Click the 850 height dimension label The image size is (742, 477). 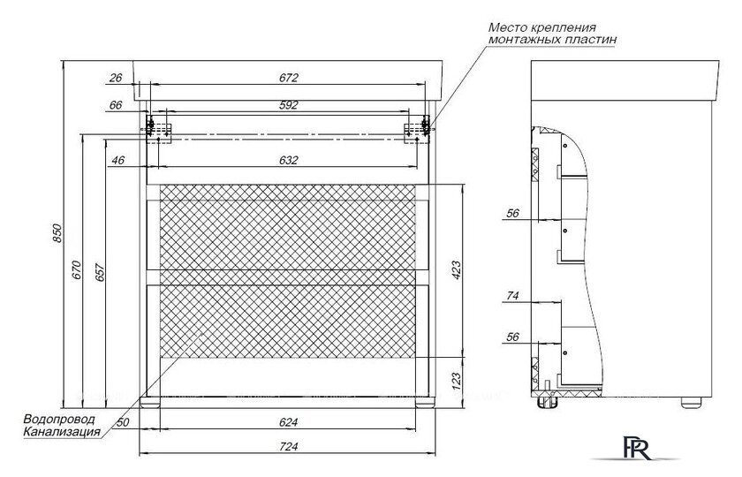click(57, 233)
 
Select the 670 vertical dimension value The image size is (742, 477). click(78, 270)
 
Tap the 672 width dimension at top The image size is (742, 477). click(288, 78)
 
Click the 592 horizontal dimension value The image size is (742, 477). click(288, 105)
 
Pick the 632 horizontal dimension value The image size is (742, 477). click(288, 160)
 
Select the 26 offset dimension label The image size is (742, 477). click(115, 78)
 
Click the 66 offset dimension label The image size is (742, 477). click(115, 105)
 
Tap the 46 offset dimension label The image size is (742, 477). click(118, 160)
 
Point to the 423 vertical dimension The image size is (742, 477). click(457, 269)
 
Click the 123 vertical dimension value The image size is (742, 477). click(457, 381)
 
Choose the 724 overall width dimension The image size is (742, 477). click(288, 447)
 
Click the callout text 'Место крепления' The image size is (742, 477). click(531, 27)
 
